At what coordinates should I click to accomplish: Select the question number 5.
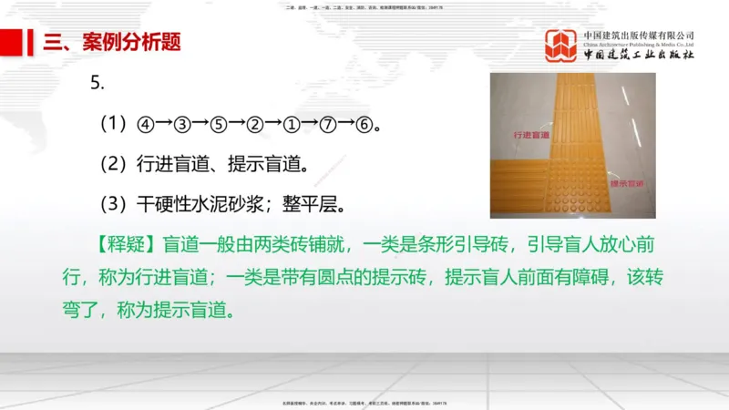click(x=98, y=83)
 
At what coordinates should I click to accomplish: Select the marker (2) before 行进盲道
click(x=114, y=163)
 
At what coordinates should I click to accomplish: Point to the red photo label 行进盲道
click(x=530, y=134)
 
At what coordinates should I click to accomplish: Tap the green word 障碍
click(x=579, y=278)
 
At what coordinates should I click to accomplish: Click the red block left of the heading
click(x=10, y=42)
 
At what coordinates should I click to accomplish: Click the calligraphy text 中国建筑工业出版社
click(x=639, y=55)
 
